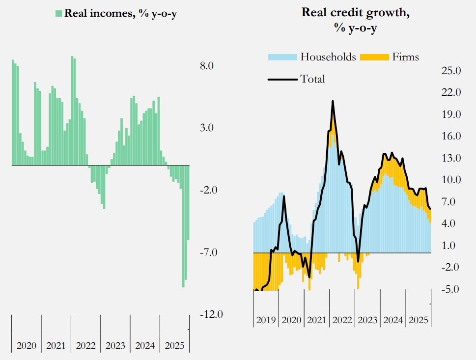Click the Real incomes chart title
[120, 13]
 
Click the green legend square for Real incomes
[58, 13]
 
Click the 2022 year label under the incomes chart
[85, 346]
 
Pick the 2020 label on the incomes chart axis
[27, 346]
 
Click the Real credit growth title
[356, 20]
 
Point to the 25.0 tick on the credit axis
[451, 71]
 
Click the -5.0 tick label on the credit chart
[451, 289]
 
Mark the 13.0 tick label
[451, 158]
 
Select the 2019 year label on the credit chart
[266, 320]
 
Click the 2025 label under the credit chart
[419, 320]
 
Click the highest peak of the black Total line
[333, 101]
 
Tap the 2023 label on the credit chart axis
[367, 320]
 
